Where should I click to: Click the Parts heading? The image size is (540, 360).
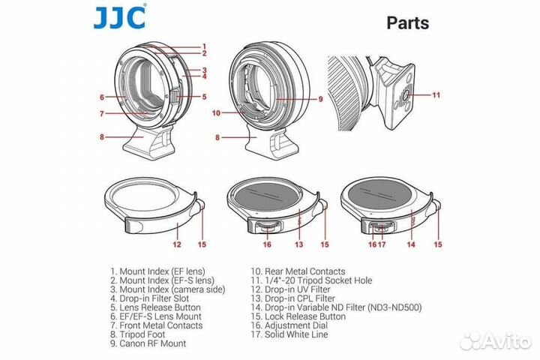coord(408,22)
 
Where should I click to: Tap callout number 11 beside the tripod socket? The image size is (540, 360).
coord(436,94)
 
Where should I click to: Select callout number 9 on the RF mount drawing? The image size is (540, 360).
coord(320,99)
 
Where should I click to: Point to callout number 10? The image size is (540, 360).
coord(216,112)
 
